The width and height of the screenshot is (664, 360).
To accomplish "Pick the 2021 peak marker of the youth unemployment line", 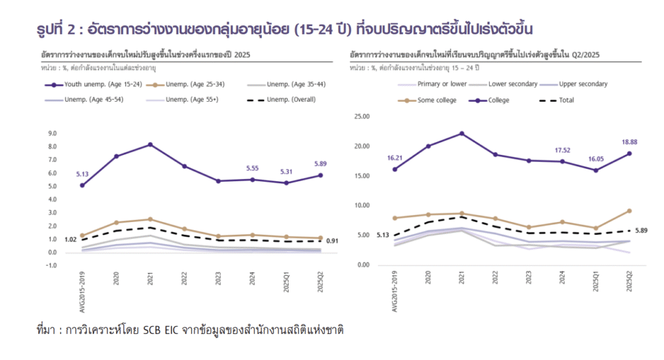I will (x=150, y=145).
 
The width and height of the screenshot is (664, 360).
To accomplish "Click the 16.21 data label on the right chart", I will (x=395, y=158).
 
